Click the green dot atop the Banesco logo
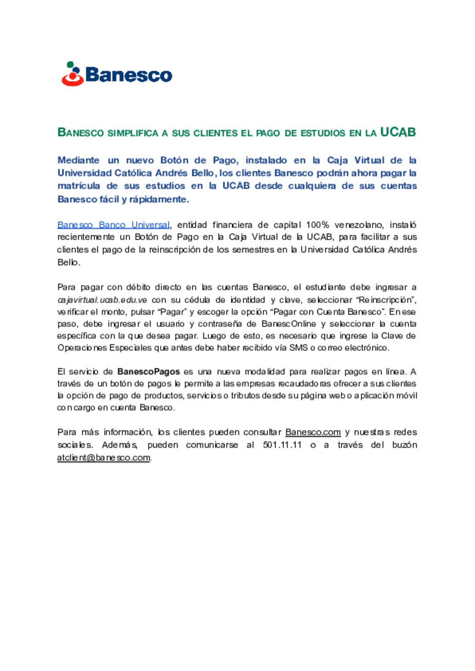70,65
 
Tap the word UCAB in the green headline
398,132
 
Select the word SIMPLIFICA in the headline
132,133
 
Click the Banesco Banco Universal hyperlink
113,225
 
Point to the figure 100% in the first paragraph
318,225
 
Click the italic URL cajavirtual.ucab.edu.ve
102,300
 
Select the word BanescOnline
289,324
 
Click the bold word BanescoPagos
148,372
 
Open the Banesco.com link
313,432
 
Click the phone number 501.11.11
282,445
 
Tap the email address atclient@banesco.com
103,458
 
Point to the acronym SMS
299,348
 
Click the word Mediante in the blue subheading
78,160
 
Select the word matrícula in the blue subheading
78,186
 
